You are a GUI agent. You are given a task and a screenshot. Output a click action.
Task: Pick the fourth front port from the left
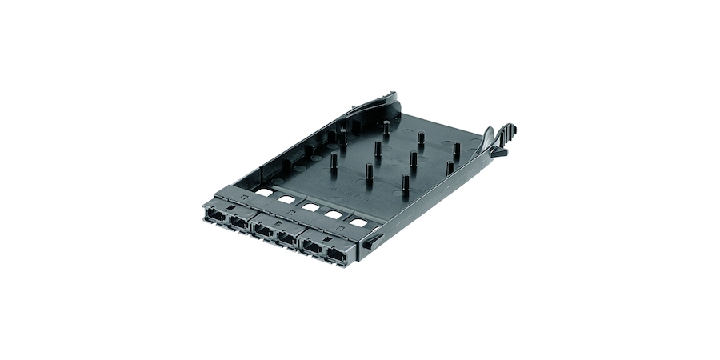point(286,238)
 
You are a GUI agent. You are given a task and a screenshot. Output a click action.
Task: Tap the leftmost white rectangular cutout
point(263,192)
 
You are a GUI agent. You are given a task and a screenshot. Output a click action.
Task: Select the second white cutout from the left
point(286,200)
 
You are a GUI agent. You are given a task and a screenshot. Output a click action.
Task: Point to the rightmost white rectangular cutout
point(358,222)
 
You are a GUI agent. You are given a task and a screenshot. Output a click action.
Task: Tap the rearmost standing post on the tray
point(386,129)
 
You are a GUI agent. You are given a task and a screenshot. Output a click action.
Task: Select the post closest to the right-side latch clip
point(456,150)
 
